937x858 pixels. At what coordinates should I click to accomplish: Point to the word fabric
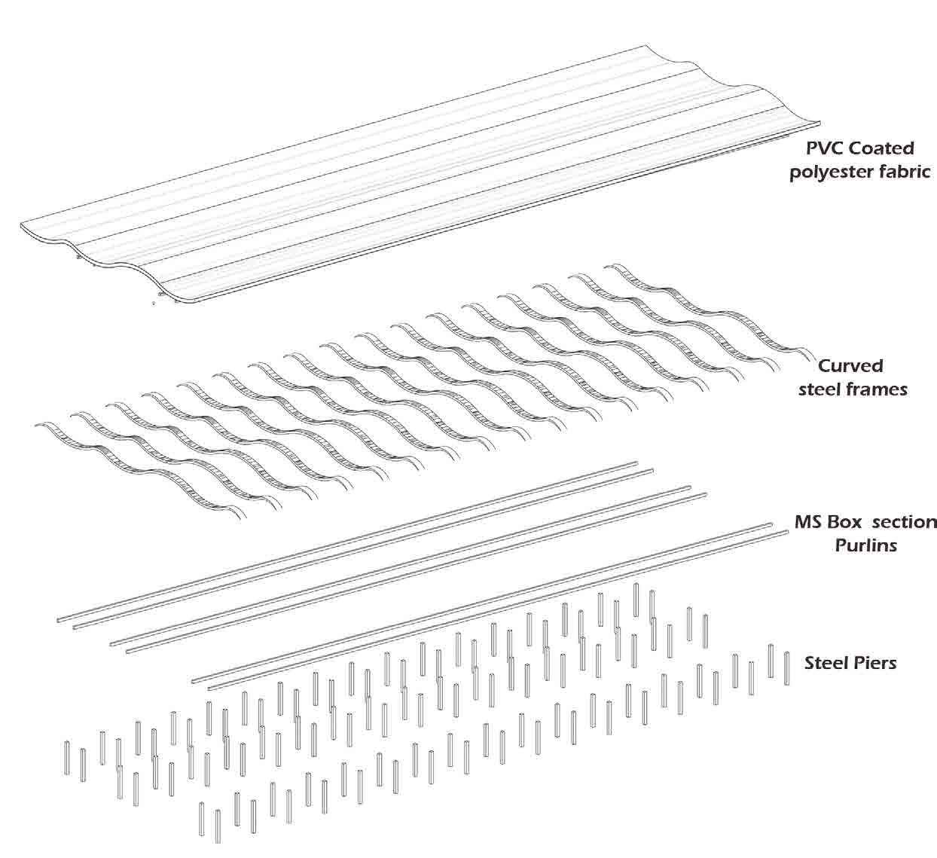tap(908, 172)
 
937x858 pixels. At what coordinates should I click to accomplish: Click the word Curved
tap(850, 366)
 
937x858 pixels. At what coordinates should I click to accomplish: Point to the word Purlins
tap(865, 545)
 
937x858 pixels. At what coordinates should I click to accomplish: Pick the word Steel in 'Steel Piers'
tap(827, 664)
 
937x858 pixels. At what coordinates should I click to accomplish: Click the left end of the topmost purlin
tap(59, 619)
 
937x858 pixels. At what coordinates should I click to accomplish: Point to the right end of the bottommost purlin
tap(786, 533)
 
